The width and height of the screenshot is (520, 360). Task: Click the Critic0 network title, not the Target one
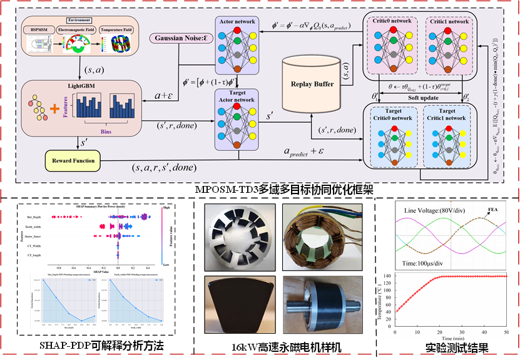click(393, 21)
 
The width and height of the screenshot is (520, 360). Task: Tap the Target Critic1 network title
click(447, 115)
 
